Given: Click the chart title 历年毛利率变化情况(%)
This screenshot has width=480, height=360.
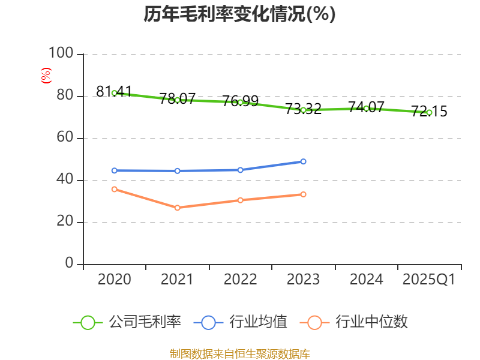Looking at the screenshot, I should (239, 14).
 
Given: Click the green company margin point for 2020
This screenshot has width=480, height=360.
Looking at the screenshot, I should (114, 93).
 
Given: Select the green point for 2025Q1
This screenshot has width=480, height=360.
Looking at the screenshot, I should (429, 112).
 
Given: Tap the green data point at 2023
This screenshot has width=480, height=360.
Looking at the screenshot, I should (303, 110).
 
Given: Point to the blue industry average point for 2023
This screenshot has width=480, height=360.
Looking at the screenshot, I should (303, 161).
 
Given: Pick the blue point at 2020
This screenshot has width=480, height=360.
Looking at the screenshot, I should (114, 170).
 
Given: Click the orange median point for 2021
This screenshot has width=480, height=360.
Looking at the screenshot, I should (177, 208).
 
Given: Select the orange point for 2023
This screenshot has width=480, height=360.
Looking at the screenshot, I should (303, 194).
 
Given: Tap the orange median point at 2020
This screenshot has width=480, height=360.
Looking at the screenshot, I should (114, 189).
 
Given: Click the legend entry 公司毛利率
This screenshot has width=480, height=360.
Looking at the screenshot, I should (145, 322).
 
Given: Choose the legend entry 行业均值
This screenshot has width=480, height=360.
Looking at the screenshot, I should (259, 322).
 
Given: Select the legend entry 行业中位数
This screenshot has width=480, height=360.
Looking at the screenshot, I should (371, 322).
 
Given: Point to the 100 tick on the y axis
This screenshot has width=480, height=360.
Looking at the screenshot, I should (61, 54).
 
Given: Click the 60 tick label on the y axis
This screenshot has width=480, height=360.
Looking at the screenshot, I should (65, 138).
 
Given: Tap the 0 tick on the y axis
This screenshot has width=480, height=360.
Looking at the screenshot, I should (69, 264).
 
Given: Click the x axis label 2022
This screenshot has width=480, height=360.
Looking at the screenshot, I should (240, 280).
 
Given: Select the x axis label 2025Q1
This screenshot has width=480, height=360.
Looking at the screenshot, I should (429, 280).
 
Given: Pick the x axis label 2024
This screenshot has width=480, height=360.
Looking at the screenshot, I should (366, 280).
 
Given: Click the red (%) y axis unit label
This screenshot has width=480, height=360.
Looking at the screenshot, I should (46, 76).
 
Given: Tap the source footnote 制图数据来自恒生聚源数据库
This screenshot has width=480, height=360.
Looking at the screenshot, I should (239, 353).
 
